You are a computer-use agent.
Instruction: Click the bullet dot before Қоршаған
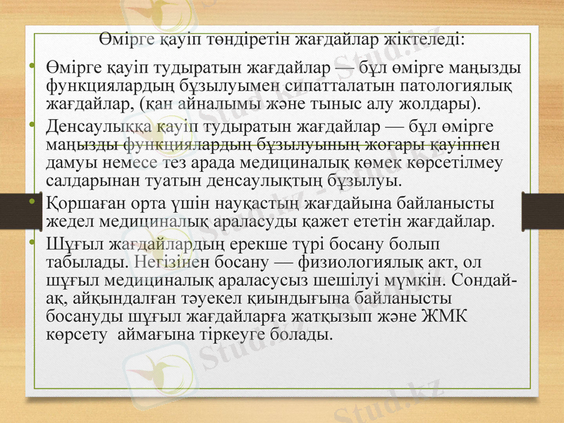[x=32, y=203]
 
